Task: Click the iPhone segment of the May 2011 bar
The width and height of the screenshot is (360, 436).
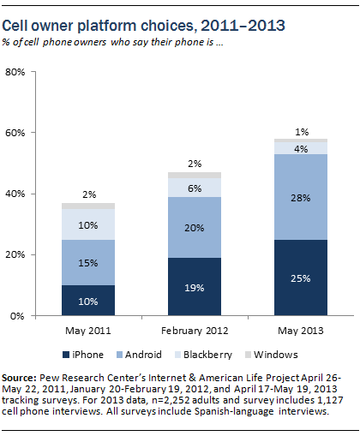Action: [88, 300]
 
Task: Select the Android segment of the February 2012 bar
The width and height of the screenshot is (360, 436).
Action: [195, 227]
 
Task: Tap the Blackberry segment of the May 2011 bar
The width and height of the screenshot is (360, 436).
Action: [88, 224]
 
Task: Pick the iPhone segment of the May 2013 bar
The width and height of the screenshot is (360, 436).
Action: [301, 278]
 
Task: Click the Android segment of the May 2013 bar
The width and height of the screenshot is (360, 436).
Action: [301, 197]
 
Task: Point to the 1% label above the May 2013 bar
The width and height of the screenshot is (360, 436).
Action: [302, 132]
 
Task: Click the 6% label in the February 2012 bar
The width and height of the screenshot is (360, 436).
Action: [195, 188]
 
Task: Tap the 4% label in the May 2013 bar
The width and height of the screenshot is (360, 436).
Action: [301, 149]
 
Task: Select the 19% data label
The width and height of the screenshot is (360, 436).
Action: [195, 288]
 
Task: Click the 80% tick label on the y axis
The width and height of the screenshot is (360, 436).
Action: [15, 72]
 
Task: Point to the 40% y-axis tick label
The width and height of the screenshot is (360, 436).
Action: [15, 194]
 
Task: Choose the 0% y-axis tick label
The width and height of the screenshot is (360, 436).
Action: [17, 316]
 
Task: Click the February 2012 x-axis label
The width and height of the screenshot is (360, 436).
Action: [195, 331]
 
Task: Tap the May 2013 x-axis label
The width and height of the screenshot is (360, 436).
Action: [301, 331]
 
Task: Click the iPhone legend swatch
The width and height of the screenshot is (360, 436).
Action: [66, 355]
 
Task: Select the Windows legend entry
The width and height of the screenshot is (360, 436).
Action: [272, 355]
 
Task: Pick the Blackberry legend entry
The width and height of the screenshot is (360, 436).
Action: [203, 355]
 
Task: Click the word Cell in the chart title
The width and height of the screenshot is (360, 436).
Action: [15, 26]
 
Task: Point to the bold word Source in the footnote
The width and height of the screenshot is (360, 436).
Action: [19, 378]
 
